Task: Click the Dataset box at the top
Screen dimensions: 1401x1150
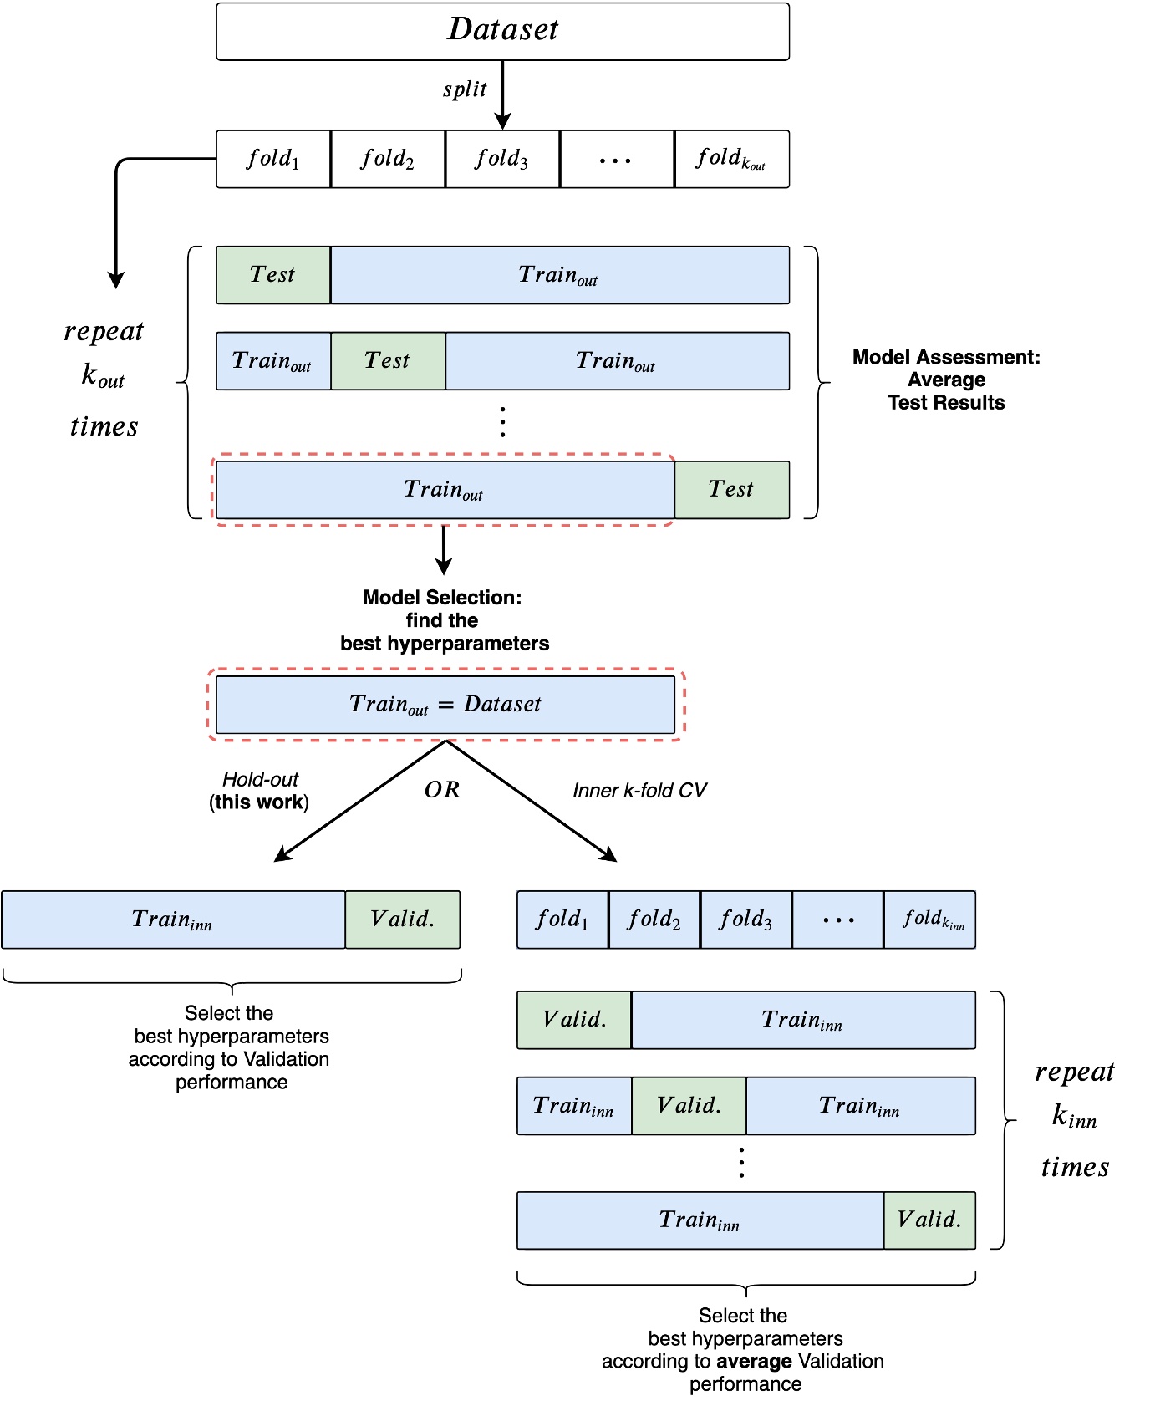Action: tap(502, 31)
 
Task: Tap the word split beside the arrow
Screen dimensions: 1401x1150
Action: tap(465, 89)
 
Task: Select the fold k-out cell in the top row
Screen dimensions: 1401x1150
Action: tap(731, 159)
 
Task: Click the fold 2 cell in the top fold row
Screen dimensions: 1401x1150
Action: tap(388, 159)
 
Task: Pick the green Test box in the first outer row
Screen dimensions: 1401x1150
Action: tap(273, 275)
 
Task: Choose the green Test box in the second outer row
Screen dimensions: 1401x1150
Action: tap(388, 361)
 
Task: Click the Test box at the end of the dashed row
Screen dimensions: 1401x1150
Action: tap(731, 490)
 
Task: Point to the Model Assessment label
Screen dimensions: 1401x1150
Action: tap(946, 380)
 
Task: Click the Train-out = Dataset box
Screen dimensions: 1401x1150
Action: tap(445, 705)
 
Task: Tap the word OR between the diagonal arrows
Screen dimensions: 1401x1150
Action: tap(442, 790)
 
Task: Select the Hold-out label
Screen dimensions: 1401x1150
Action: tap(260, 780)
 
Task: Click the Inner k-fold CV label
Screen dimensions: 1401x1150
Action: tap(639, 791)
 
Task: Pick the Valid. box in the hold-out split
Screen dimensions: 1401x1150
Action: tap(402, 920)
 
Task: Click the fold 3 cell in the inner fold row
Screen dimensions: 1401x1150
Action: tap(745, 920)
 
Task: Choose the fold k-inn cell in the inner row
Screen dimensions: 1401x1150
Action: tap(930, 920)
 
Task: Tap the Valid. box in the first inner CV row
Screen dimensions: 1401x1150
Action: tap(574, 1020)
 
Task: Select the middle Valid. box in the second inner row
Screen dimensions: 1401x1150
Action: tap(689, 1106)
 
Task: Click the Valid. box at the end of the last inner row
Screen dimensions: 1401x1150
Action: tap(929, 1220)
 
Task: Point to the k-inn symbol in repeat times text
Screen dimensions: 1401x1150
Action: tap(1074, 1118)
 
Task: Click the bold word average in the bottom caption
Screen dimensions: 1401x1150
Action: tap(754, 1362)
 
